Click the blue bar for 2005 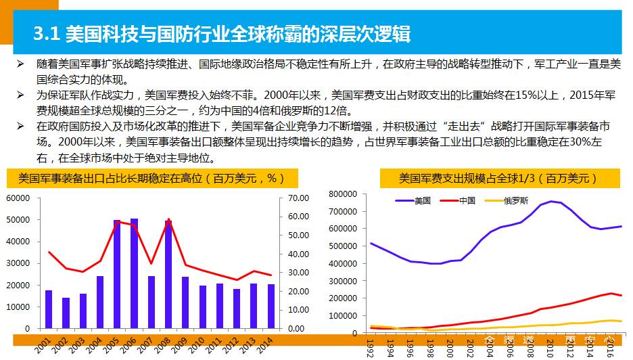coord(117,274)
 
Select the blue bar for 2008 coord(168,274)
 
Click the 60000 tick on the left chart coord(18,198)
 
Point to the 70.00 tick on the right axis coord(298,198)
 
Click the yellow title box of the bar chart coord(145,179)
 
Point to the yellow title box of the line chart coord(498,179)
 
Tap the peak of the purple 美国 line coord(553,201)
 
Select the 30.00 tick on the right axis coord(298,272)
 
